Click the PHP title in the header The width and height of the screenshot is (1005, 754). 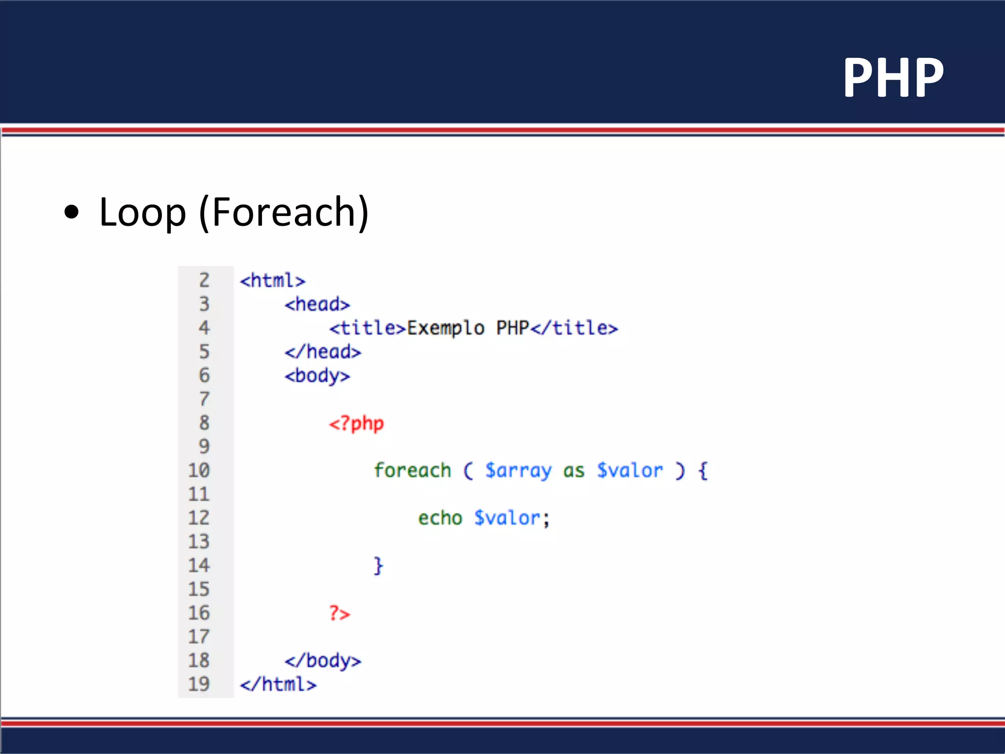(x=893, y=78)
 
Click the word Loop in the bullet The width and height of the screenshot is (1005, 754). (x=142, y=212)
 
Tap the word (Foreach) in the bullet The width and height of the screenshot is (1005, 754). (x=284, y=212)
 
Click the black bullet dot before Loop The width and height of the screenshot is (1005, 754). (x=72, y=212)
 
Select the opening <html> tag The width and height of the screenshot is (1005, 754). (x=272, y=281)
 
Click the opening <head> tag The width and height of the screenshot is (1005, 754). (x=317, y=304)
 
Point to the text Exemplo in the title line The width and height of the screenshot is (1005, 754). (x=446, y=328)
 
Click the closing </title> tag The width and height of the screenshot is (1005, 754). (x=574, y=328)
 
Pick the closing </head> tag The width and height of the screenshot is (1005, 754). (x=322, y=352)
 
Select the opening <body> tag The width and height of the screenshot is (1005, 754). (x=317, y=376)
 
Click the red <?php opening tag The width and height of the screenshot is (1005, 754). (x=356, y=423)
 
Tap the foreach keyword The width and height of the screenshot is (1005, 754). (x=412, y=470)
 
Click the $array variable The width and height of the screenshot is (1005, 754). (x=518, y=470)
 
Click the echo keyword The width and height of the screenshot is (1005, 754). (x=440, y=518)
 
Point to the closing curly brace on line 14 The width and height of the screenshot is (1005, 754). (x=378, y=565)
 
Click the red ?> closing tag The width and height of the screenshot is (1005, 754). (x=340, y=613)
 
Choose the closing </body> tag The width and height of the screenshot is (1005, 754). (x=322, y=661)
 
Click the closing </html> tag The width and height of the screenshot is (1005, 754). (x=278, y=684)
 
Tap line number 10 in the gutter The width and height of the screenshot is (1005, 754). (x=199, y=470)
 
